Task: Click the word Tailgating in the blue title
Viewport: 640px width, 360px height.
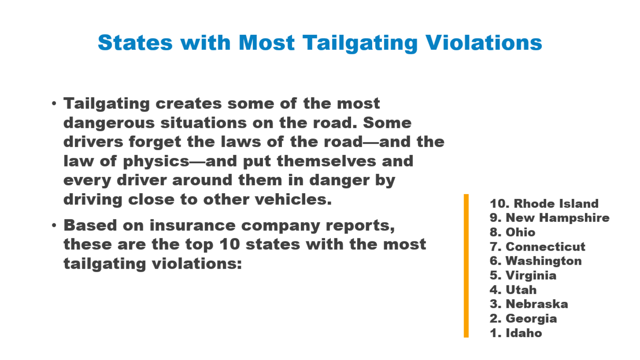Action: click(x=360, y=43)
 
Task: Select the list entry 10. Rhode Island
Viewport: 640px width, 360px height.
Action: click(x=544, y=203)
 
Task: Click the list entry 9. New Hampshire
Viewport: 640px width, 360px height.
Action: click(x=550, y=217)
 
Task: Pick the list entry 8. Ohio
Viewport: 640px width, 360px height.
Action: click(x=512, y=232)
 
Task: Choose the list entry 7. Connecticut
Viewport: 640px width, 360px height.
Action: click(x=537, y=247)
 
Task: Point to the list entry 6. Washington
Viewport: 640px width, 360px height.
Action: click(x=536, y=261)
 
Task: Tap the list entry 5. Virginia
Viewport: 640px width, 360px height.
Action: click(x=523, y=275)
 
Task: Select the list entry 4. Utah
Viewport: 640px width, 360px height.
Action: click(x=513, y=290)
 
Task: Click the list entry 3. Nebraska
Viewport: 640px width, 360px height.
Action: click(x=528, y=304)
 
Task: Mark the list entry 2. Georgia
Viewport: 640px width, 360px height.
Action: click(x=523, y=319)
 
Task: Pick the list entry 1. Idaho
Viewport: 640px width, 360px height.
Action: click(x=516, y=333)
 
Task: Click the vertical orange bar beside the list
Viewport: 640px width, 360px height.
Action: click(x=466, y=266)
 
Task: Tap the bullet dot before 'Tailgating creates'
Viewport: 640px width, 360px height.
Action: click(x=54, y=103)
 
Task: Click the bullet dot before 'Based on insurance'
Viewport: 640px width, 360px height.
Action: click(x=54, y=225)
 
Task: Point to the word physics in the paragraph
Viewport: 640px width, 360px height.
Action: click(x=156, y=162)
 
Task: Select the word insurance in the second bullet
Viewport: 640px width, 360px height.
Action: click(x=192, y=225)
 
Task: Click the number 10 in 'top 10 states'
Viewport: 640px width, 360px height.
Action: click(x=230, y=244)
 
